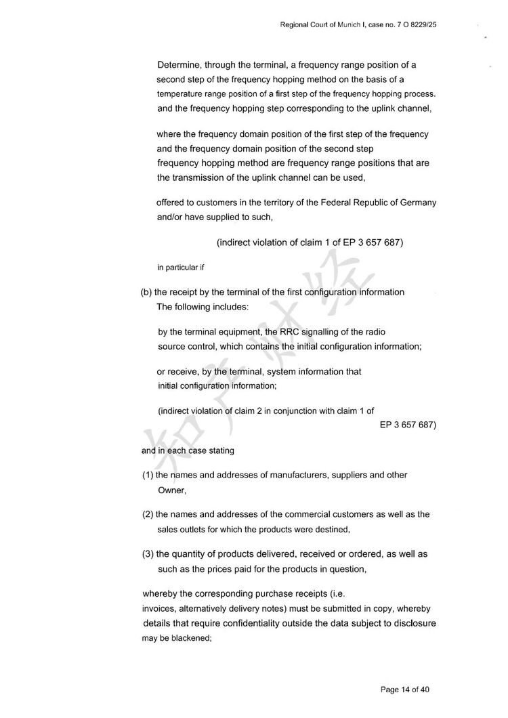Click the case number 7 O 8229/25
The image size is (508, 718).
421,25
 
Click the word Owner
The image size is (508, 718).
171,490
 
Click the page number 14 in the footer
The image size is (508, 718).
406,690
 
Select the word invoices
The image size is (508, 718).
160,608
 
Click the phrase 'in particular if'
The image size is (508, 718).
180,267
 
